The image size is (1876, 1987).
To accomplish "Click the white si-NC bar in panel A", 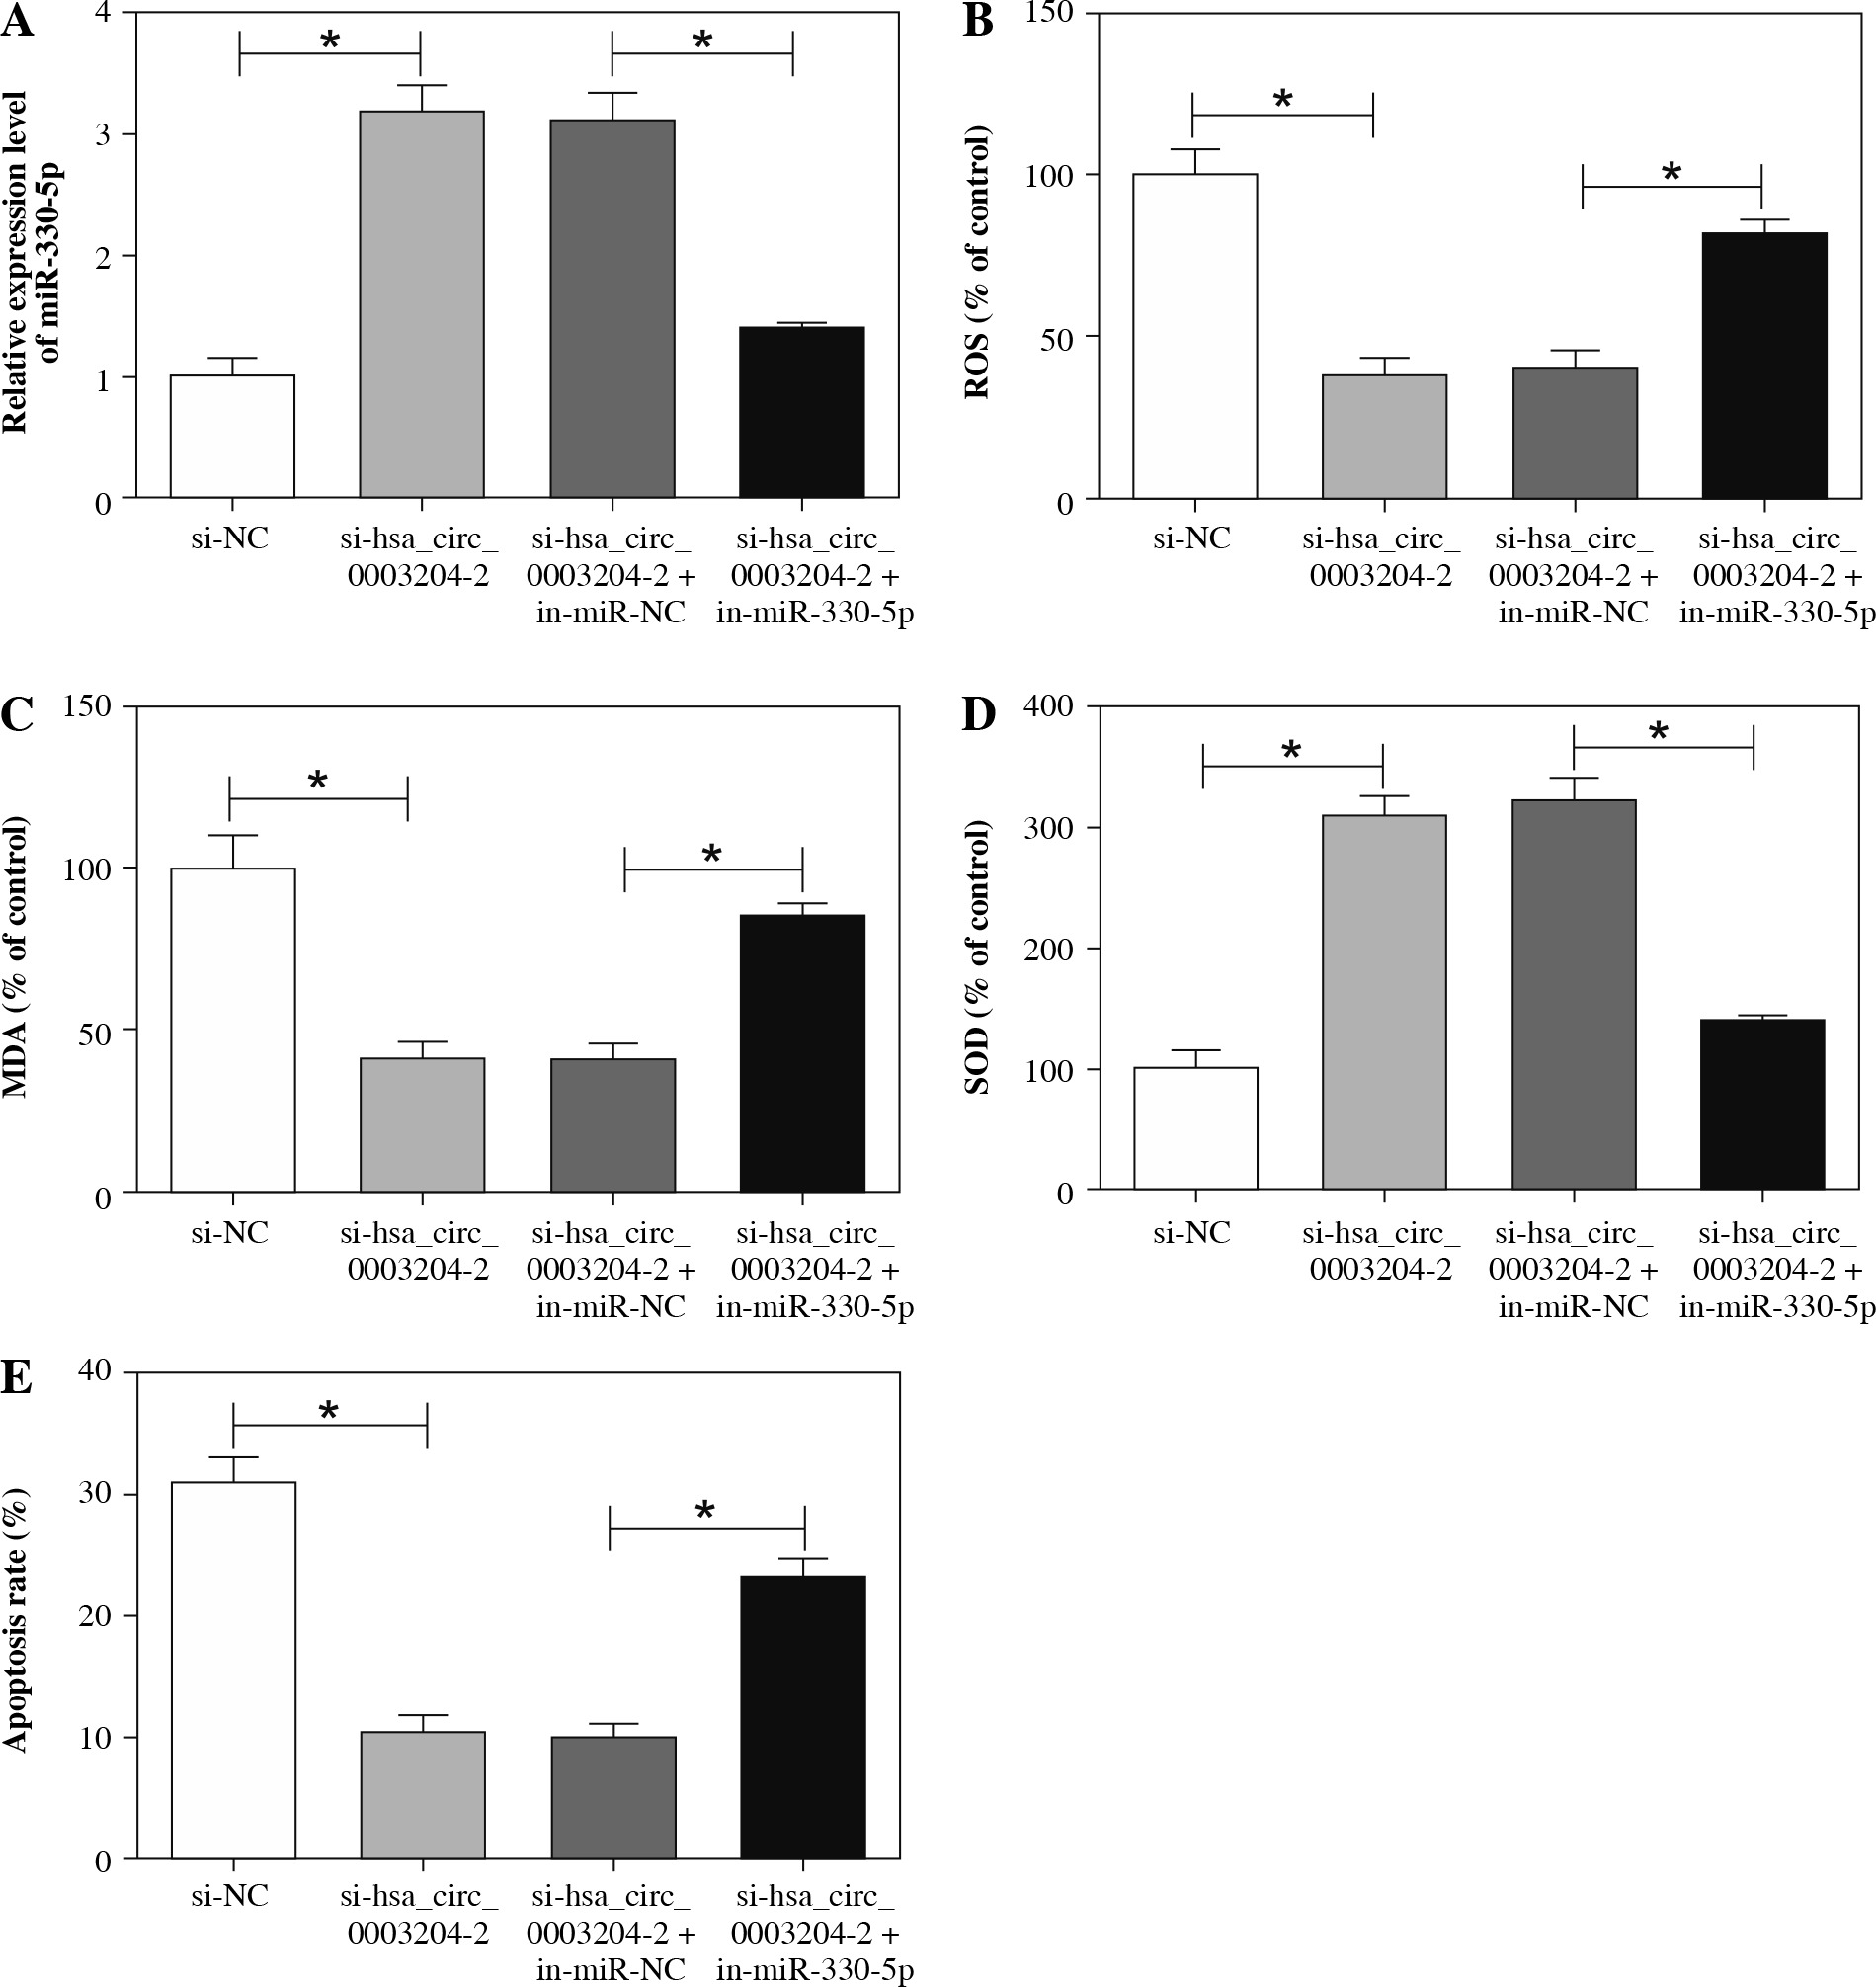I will (232, 436).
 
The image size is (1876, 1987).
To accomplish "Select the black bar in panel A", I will (802, 412).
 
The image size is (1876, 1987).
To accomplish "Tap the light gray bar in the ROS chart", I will (1384, 437).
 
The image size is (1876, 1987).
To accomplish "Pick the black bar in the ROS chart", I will (1764, 365).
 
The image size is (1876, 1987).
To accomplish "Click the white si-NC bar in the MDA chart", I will (232, 1030).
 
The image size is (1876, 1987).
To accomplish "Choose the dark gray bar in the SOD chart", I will (1574, 994).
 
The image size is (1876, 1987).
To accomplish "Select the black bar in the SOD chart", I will (1762, 1104).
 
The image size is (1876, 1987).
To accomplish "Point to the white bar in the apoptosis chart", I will (233, 1669).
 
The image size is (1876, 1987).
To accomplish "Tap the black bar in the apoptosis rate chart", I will (803, 1716).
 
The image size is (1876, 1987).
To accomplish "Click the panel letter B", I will (977, 22).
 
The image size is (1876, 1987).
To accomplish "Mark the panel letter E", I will (17, 1379).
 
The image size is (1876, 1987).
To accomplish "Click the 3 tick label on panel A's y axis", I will (102, 135).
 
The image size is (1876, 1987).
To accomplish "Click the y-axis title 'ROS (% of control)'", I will (977, 262).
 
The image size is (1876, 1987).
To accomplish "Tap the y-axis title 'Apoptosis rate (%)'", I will (14, 1620).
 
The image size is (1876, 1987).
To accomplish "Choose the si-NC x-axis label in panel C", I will (230, 1233).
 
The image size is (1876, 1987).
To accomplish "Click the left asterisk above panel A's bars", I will (330, 42).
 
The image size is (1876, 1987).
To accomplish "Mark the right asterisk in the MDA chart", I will (712, 855).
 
